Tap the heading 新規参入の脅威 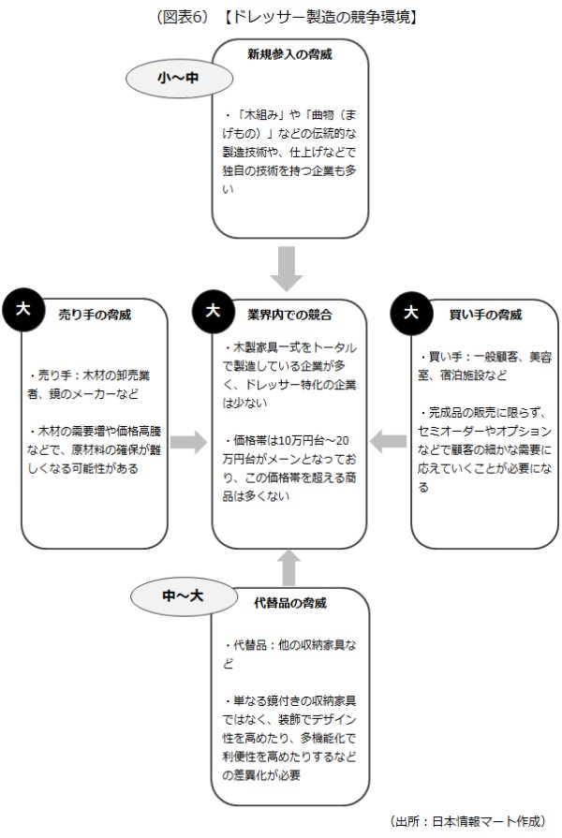pyautogui.click(x=289, y=54)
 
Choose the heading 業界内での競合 pyautogui.click(x=289, y=314)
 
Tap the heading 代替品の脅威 pyautogui.click(x=289, y=605)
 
